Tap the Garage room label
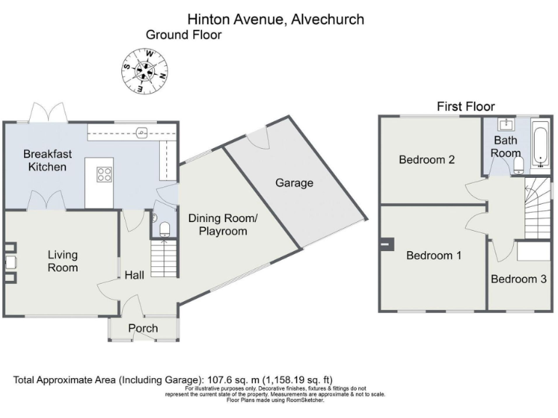click(x=294, y=183)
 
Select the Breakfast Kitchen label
click(x=45, y=160)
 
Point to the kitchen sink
click(x=142, y=132)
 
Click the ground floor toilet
click(x=164, y=229)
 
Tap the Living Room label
click(x=62, y=261)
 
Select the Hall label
click(x=134, y=275)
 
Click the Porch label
click(x=143, y=328)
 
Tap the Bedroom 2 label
click(x=427, y=160)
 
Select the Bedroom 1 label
click(x=433, y=255)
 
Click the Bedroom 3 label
click(x=518, y=279)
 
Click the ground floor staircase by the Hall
click(x=163, y=261)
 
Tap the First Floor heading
click(x=465, y=107)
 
